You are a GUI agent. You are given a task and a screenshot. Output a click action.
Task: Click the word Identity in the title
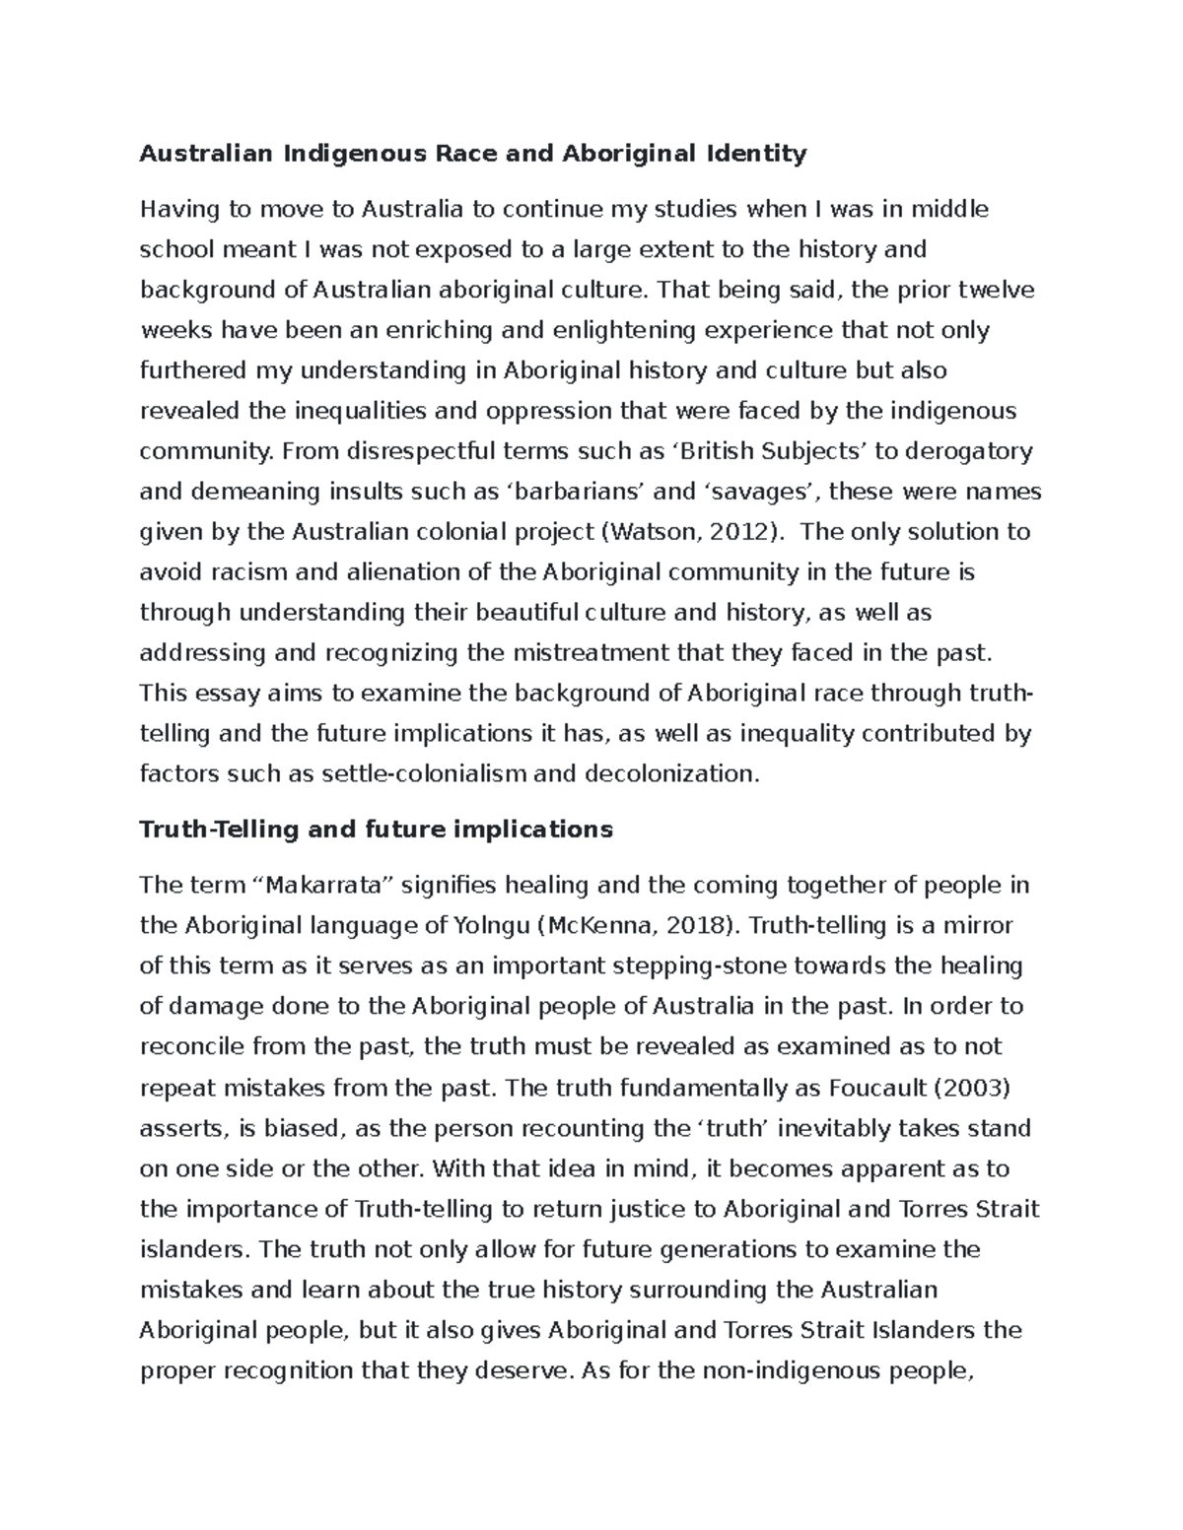coord(755,154)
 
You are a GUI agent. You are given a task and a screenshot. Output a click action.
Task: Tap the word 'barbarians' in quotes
coord(564,492)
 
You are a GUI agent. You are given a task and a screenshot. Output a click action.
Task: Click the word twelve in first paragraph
coord(998,290)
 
